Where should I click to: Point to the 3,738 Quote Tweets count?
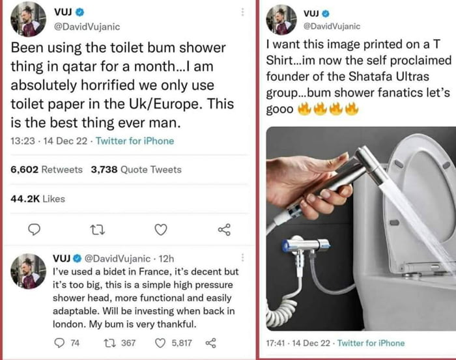tap(136, 169)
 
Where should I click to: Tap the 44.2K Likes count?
tap(38, 199)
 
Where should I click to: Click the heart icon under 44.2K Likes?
tap(161, 229)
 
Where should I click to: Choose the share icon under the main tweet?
tap(224, 229)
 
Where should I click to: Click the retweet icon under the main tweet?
tap(96, 229)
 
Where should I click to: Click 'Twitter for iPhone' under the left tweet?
tap(135, 141)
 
